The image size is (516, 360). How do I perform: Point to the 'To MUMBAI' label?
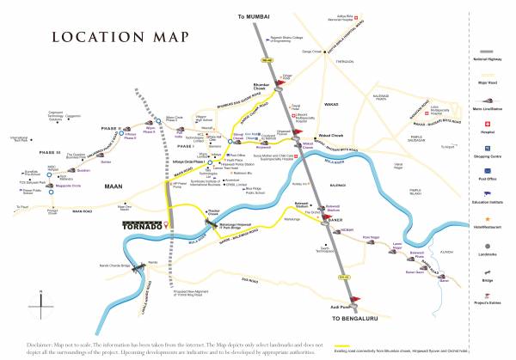257,16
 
